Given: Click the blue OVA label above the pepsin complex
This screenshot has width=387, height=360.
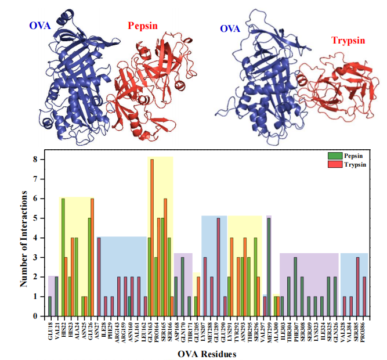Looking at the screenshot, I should coord(39,25).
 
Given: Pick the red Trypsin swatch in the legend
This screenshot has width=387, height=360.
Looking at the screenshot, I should coord(332,165).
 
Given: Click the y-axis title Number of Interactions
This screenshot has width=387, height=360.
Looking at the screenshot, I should coord(24,237).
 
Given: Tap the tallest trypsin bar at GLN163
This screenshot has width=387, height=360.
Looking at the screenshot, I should coord(152,237).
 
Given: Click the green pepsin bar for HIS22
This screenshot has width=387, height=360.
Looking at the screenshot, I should coord(63,257).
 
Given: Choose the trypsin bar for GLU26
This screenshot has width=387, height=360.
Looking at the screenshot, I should coord(92,257).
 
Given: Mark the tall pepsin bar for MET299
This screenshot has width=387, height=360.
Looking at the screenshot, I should coord(269,267).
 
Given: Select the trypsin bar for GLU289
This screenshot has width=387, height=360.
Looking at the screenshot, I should coord(218,267).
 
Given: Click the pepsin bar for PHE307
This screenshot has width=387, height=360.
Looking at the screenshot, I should coord(295,287).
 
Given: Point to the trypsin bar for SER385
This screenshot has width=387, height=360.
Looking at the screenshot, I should coord(358,287).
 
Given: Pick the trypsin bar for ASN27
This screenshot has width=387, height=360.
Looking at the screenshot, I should coord(99,277).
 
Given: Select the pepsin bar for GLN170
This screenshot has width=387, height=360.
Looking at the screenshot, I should coord(182,287).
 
